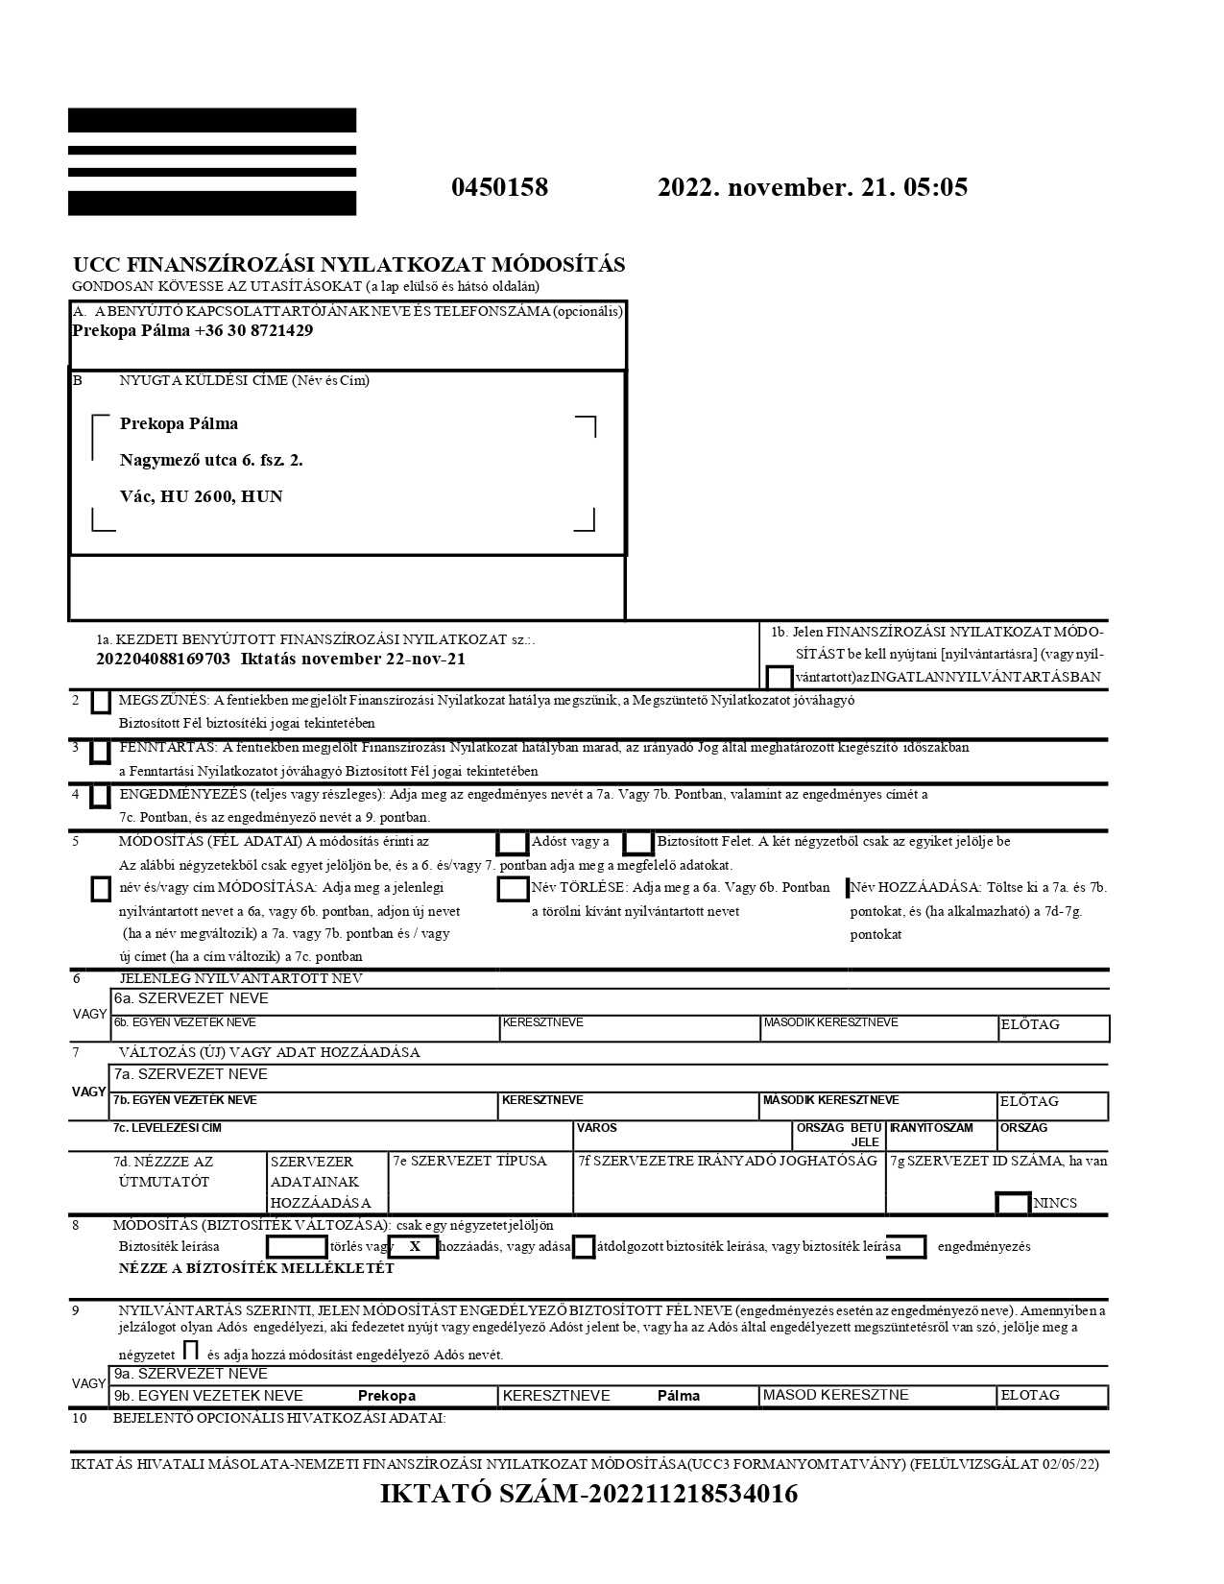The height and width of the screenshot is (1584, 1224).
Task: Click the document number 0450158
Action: (x=499, y=187)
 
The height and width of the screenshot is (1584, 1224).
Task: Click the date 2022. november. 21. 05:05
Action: (x=812, y=187)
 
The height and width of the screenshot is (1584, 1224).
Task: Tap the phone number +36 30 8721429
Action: (x=253, y=330)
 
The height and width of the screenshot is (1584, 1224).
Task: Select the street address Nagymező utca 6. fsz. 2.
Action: (x=211, y=460)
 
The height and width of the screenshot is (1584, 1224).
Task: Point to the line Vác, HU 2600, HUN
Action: (x=202, y=496)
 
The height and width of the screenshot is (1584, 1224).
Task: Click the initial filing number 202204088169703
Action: (x=164, y=659)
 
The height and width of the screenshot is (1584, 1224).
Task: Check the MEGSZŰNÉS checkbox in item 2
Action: (x=100, y=703)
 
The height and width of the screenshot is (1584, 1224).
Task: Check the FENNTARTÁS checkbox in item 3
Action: (x=100, y=751)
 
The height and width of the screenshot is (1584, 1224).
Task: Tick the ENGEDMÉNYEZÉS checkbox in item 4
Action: (x=100, y=797)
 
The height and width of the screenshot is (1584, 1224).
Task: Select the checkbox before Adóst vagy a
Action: (x=513, y=843)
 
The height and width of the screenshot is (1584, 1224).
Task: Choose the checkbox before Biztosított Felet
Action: (x=638, y=843)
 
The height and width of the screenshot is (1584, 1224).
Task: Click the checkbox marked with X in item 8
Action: (x=414, y=1247)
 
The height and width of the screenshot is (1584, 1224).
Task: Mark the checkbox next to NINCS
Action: (x=1013, y=1203)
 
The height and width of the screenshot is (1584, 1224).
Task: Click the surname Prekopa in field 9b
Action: (x=387, y=1396)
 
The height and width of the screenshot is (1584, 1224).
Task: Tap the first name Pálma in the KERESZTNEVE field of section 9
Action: (x=679, y=1396)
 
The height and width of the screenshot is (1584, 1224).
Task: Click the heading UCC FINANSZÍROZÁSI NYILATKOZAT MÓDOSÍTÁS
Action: (x=349, y=265)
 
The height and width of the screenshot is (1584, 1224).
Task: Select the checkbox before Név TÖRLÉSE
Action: (x=513, y=889)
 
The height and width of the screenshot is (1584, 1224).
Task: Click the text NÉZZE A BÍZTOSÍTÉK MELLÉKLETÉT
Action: (x=256, y=1268)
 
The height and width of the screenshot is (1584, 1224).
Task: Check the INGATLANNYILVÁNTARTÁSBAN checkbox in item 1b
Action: (x=780, y=677)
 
